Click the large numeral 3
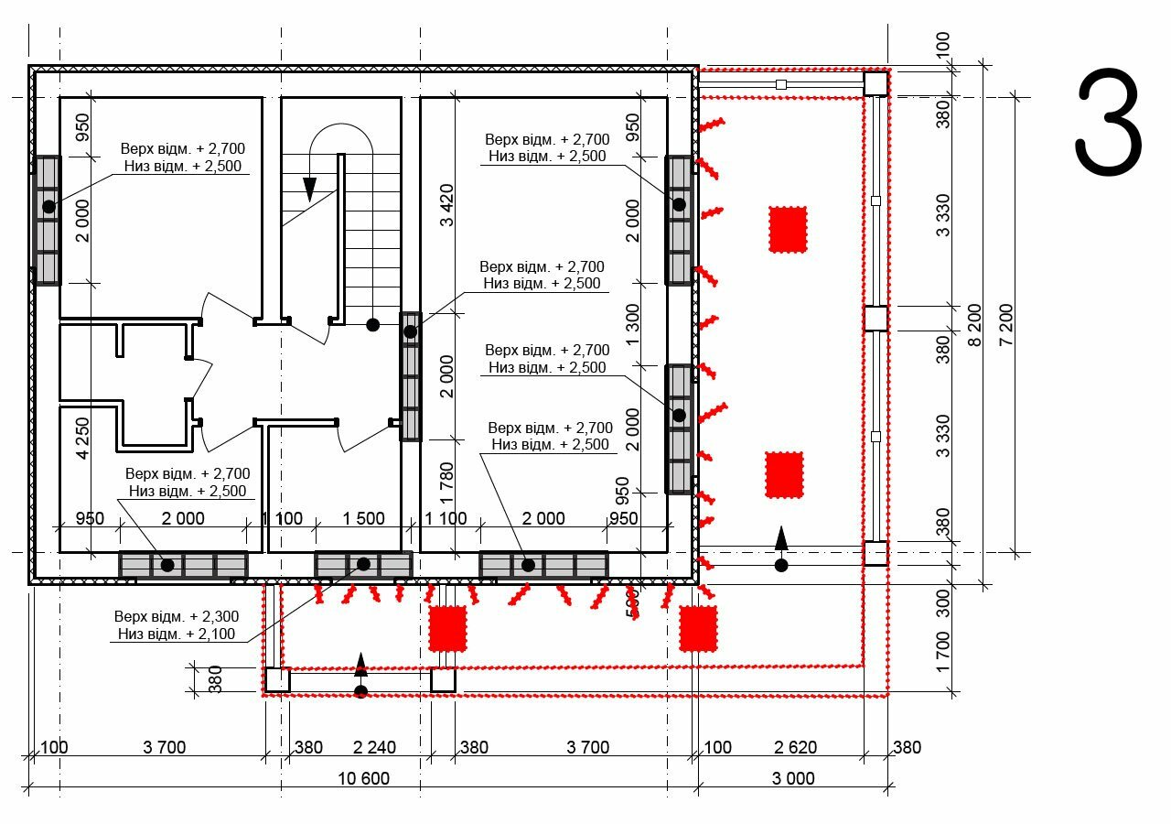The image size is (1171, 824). coord(1108,122)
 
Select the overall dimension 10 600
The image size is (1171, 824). coord(364,778)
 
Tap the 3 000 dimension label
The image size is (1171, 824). coord(793,778)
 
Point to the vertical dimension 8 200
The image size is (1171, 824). coord(975,325)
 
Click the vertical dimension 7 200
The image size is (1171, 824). coord(1005,325)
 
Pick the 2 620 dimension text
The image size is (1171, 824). coord(795,747)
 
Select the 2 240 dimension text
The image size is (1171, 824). coord(374,747)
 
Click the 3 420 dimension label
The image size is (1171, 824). coord(447,205)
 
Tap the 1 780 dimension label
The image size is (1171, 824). coord(447,482)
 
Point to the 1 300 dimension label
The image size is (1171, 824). coord(632,324)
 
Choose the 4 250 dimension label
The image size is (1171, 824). coord(82,439)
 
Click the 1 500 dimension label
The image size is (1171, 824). coord(363,518)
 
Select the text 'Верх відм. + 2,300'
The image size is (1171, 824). coord(177,616)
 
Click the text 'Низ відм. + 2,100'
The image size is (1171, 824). coord(177,634)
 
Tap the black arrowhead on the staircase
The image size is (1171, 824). coord(309,189)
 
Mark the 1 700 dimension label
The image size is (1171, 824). coord(942,652)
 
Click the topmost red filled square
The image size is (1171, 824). coord(788,230)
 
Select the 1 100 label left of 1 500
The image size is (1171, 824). coord(283,518)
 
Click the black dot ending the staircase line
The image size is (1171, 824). coord(372,325)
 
